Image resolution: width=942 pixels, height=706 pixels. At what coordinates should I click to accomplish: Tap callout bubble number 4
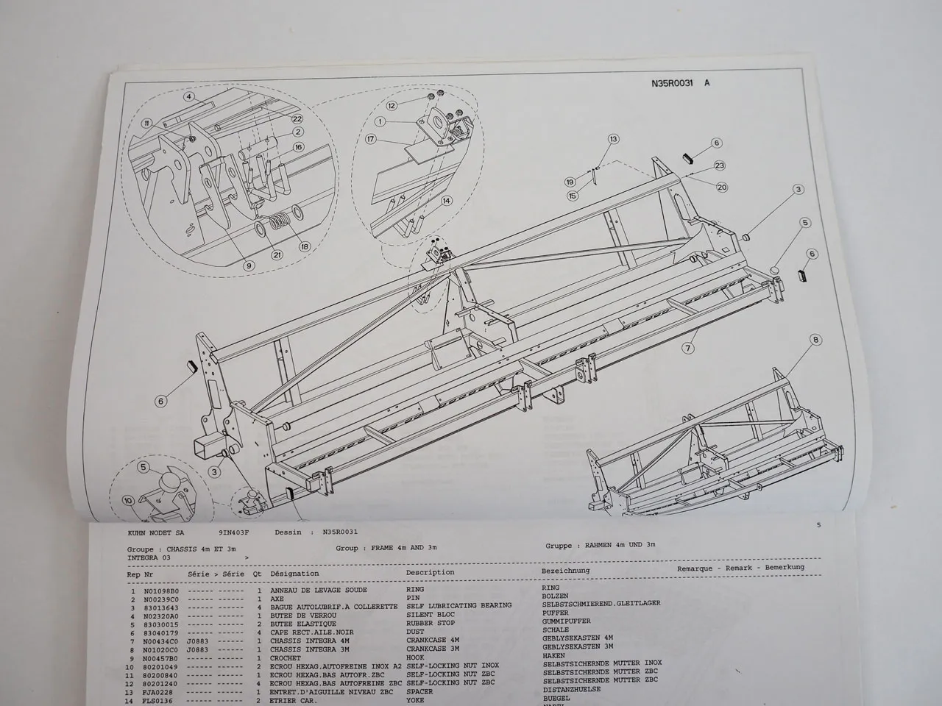tap(188, 96)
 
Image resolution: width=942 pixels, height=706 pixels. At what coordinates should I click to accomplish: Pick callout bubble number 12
tap(392, 106)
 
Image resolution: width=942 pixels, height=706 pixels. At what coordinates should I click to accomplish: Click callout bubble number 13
tap(613, 138)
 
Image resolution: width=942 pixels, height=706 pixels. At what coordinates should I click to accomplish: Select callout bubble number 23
tap(719, 165)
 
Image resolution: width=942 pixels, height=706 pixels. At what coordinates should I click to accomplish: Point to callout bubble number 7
tap(689, 347)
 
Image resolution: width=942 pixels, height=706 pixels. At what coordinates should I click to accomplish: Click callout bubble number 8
tap(815, 340)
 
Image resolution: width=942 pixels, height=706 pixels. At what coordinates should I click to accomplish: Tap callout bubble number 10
tap(129, 501)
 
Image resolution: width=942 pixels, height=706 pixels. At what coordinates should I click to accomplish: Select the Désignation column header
tap(294, 574)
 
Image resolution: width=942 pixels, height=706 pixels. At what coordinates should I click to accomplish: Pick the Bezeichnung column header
tap(565, 571)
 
